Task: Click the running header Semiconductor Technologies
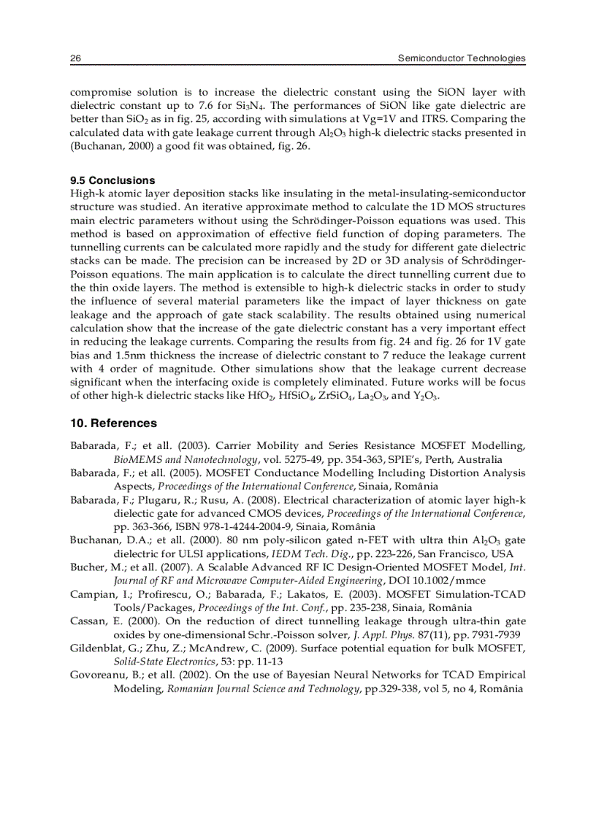coord(462,58)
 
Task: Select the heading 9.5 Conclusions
coord(112,180)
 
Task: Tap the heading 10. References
coord(113,424)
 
